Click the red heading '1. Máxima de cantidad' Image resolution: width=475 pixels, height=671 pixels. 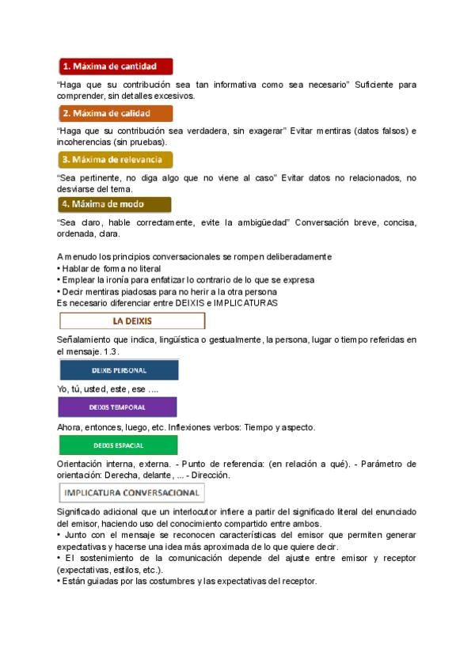[116, 66]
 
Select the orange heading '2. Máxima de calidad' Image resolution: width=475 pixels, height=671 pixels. [116, 113]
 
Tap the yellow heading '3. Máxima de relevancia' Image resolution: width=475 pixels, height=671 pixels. [116, 160]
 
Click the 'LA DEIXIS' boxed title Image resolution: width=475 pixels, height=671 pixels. [132, 321]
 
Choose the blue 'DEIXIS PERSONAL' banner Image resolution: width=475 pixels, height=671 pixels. [118, 370]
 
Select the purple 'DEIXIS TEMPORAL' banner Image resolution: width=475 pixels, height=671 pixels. [117, 408]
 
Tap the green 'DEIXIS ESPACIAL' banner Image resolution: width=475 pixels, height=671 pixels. [117, 445]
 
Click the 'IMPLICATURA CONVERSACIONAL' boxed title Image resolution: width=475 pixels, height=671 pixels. [132, 493]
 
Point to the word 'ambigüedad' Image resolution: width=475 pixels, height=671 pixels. [261, 222]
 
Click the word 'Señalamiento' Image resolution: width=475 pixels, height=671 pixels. [85, 339]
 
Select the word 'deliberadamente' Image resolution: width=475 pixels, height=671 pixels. [294, 256]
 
